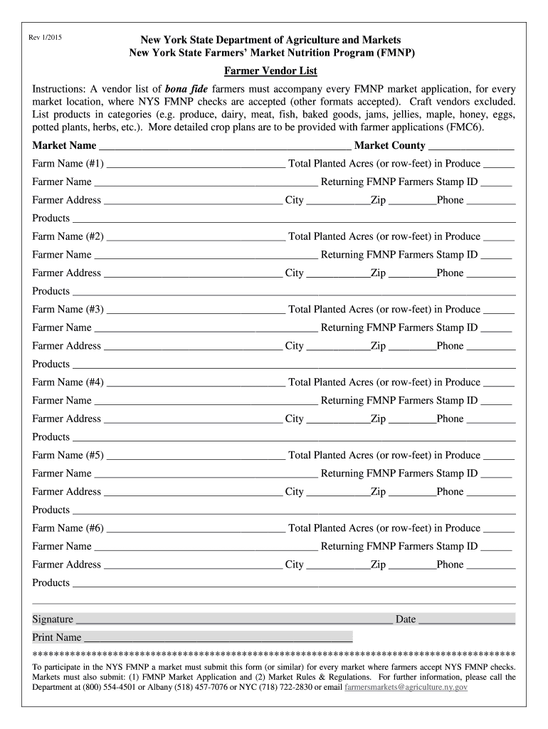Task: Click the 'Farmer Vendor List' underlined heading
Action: click(x=271, y=71)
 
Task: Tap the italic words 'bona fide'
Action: click(x=186, y=90)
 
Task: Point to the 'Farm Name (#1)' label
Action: click(x=68, y=164)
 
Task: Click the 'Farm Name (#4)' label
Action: click(x=68, y=382)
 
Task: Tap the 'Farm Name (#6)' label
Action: click(x=68, y=528)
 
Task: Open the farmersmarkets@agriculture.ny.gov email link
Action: click(x=406, y=688)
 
